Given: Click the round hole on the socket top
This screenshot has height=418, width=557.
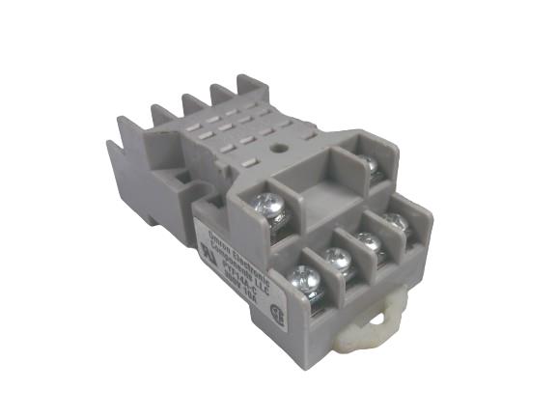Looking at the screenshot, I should [279, 150].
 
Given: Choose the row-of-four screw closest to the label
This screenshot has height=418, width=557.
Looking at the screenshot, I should [305, 280].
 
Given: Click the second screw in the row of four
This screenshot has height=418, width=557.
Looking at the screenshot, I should [336, 259].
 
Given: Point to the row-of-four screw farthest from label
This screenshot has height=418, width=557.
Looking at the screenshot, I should [396, 222].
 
